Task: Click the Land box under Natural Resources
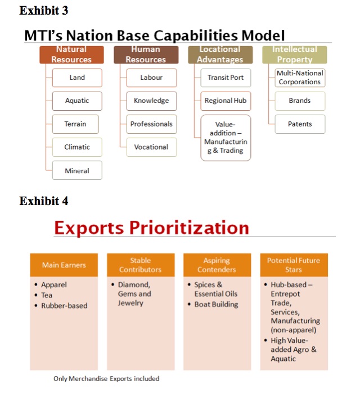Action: click(x=77, y=78)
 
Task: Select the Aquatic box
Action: click(x=77, y=101)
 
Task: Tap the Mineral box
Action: click(x=77, y=170)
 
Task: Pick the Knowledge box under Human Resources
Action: click(x=151, y=101)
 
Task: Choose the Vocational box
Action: click(x=151, y=147)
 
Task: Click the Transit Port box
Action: click(x=226, y=78)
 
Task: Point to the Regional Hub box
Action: click(x=226, y=101)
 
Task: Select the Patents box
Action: click(x=300, y=124)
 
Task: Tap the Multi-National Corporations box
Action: click(x=300, y=78)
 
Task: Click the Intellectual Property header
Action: click(x=295, y=55)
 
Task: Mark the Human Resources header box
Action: click(x=146, y=55)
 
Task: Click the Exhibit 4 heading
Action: click(x=44, y=201)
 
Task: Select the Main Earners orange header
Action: click(x=64, y=265)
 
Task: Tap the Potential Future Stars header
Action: click(x=294, y=265)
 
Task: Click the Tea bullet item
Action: click(x=43, y=295)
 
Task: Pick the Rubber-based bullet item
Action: click(x=61, y=306)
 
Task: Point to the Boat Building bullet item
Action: click(x=213, y=304)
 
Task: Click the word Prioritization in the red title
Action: click(x=189, y=228)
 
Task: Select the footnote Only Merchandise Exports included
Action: click(x=106, y=379)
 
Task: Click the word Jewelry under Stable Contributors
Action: click(x=130, y=303)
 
